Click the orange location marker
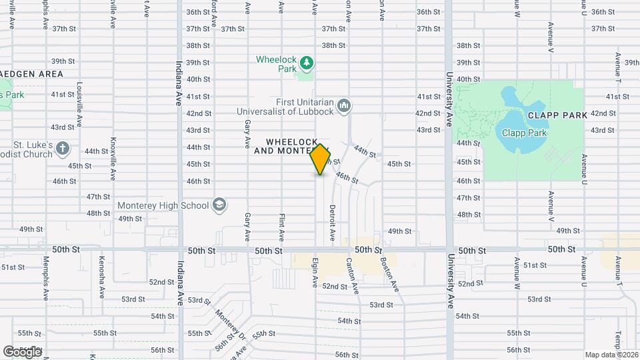[321, 159]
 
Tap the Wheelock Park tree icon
[307, 63]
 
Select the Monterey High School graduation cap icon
[219, 205]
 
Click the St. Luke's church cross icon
[63, 148]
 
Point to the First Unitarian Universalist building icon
[344, 105]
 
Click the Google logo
[22, 351]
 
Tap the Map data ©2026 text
[611, 354]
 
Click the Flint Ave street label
[282, 227]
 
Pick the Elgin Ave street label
[315, 273]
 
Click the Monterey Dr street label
[230, 323]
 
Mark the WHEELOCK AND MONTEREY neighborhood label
[292, 147]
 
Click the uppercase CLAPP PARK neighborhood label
[557, 115]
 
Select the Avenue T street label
[619, 273]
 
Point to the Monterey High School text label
[163, 205]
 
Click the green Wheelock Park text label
[277, 64]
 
